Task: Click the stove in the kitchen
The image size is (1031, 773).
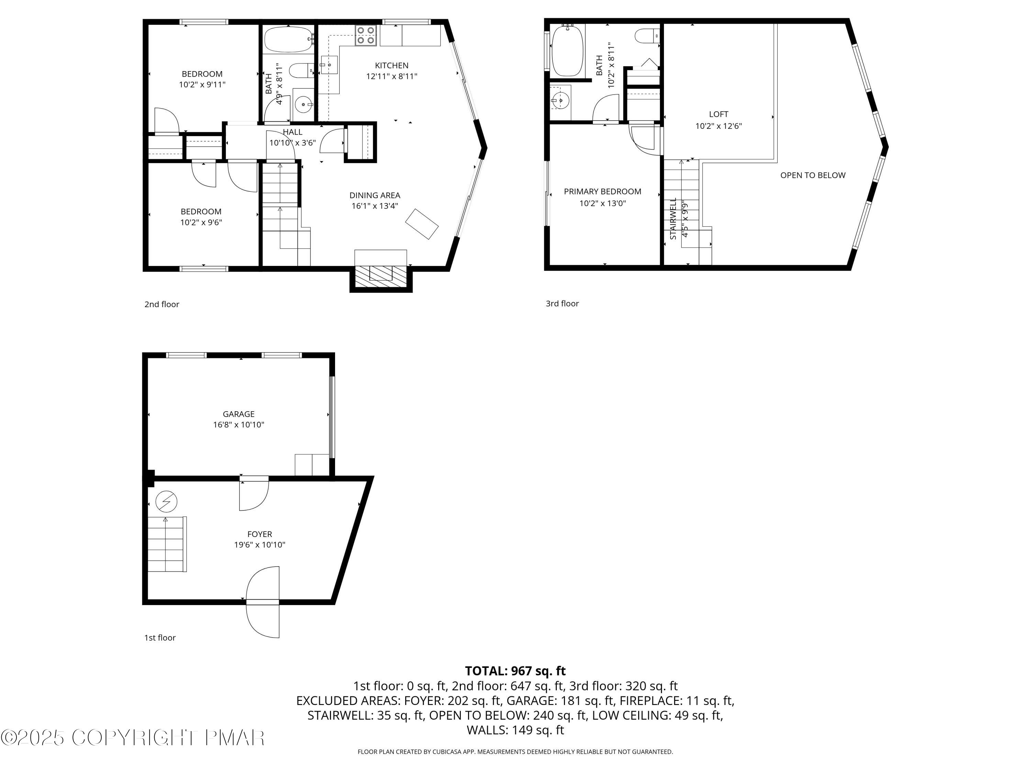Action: tap(366, 36)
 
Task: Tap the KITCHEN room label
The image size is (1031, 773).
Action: tap(391, 66)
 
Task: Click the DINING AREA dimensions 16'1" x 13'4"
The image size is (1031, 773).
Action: tap(375, 206)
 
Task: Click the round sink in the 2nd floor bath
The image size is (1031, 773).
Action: tap(304, 102)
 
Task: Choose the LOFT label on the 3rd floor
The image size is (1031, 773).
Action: tap(718, 114)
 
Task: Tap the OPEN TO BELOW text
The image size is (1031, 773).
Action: tap(812, 175)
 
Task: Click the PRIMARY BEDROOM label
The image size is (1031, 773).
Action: tap(602, 191)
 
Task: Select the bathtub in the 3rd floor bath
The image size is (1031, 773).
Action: tap(567, 51)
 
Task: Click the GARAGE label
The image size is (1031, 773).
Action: tap(239, 414)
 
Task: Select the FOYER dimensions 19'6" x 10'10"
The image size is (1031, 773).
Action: tap(259, 545)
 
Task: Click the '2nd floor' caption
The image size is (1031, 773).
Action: tap(162, 304)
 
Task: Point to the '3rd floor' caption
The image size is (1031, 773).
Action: tap(562, 303)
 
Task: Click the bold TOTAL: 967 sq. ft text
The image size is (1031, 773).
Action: tap(515, 671)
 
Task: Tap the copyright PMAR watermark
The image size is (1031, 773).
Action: tap(133, 738)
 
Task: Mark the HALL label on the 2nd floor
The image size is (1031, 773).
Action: tap(292, 132)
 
